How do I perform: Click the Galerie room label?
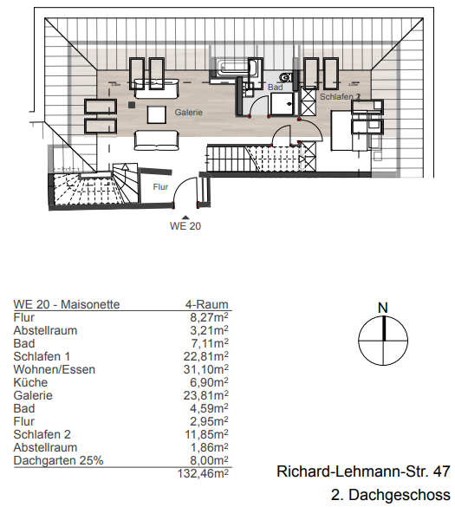[x=188, y=113]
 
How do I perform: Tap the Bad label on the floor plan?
[x=276, y=88]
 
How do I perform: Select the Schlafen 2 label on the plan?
[x=339, y=97]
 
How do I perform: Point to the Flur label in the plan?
[x=160, y=186]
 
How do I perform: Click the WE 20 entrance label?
[x=185, y=226]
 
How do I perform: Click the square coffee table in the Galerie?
[x=158, y=114]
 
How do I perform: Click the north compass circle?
[x=383, y=342]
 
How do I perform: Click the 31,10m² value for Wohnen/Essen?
[x=209, y=369]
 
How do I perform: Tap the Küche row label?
[x=31, y=382]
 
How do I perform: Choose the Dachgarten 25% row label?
[x=58, y=460]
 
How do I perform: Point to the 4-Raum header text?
[x=207, y=304]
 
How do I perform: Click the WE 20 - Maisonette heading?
[x=67, y=304]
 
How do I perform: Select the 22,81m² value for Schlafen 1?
[x=209, y=356]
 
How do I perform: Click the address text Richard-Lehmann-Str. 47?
[x=363, y=472]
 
